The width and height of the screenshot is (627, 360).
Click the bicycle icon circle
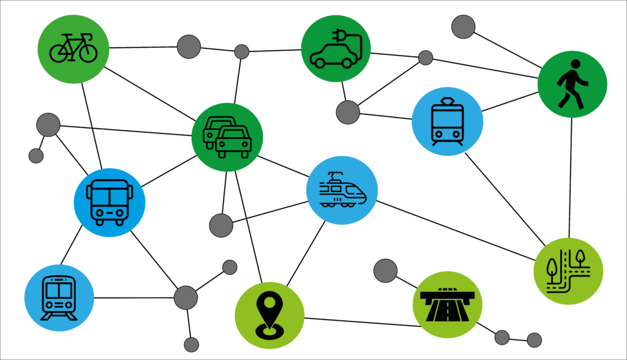point(73,48)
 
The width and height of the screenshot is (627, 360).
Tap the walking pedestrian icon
point(572,84)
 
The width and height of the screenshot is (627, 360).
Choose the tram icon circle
point(447,121)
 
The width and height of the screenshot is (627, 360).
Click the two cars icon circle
point(227,137)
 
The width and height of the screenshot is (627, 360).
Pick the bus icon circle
point(109,203)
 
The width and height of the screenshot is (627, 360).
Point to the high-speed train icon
point(342,190)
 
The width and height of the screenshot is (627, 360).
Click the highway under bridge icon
point(447,304)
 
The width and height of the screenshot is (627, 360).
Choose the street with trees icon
point(568,271)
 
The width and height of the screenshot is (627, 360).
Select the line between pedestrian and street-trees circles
point(571,178)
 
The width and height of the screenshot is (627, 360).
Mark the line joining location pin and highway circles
point(361,322)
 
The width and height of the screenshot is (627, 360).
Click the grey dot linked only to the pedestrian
point(464,26)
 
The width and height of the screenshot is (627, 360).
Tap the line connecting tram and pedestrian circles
point(510,102)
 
